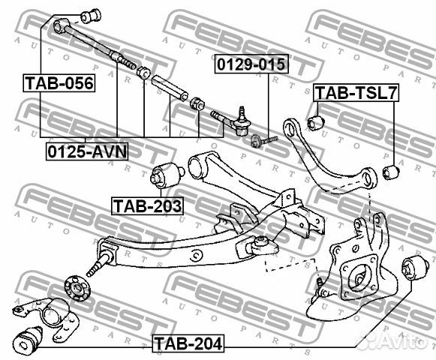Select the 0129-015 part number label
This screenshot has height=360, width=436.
[x=252, y=64]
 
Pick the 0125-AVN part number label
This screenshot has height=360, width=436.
[x=87, y=151]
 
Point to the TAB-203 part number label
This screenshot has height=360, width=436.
[x=147, y=204]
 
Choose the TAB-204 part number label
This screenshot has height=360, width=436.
[x=188, y=344]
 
